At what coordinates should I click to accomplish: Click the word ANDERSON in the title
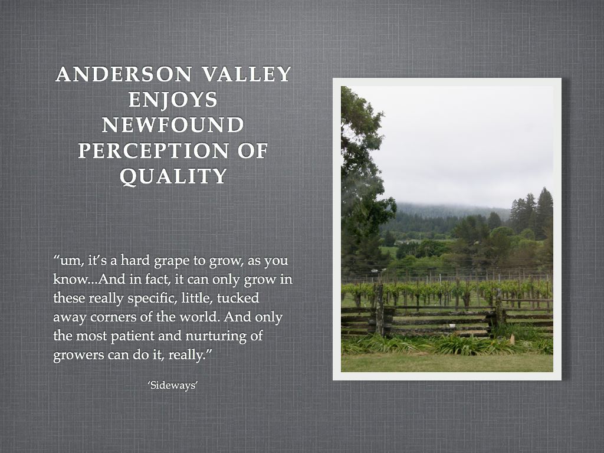124,74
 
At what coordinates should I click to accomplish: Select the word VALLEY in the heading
247,74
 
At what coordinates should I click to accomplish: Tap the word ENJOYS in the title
173,100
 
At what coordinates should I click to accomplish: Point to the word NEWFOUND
173,125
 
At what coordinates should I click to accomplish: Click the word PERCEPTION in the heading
153,150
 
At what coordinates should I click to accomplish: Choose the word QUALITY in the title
173,176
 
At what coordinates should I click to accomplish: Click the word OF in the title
252,150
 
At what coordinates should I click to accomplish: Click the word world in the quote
199,317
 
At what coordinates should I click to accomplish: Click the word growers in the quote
78,355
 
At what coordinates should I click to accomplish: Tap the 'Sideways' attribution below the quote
173,385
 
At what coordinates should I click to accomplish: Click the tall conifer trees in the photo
533,212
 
